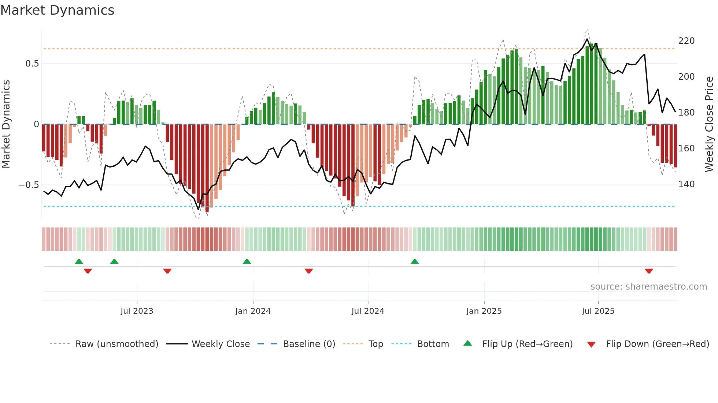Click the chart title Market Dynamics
57,10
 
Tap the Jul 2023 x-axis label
137,311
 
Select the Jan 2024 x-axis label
253,311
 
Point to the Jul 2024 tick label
368,311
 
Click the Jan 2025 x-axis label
484,311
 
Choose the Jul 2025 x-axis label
598,311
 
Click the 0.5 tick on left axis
32,64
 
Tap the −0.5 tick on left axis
29,185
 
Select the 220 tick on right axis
686,41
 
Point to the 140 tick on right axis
686,184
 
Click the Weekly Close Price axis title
709,124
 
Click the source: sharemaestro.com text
648,287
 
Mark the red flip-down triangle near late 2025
649,271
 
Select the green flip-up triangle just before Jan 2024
247,261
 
